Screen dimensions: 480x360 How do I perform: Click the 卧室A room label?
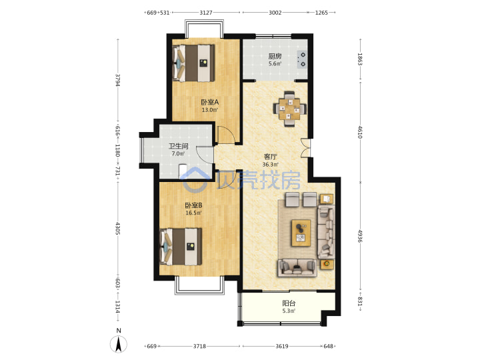[209, 102]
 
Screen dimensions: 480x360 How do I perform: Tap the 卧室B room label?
[193, 205]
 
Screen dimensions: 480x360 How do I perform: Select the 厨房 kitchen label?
[275, 56]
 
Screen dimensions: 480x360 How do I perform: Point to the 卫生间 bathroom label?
[178, 146]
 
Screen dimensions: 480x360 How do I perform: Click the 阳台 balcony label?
[289, 303]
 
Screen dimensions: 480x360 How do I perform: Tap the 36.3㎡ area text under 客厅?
[270, 165]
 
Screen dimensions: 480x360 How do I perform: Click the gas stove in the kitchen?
[302, 59]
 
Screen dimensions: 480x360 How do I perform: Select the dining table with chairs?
[289, 109]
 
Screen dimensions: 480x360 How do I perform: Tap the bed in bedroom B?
[181, 247]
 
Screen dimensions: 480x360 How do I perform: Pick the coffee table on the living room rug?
[301, 233]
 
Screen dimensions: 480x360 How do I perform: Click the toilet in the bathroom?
[183, 171]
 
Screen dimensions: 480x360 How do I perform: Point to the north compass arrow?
[119, 344]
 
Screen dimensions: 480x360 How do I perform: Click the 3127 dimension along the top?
[206, 13]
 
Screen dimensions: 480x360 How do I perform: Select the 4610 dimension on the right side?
[360, 132]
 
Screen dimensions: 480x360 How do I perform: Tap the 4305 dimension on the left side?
[118, 229]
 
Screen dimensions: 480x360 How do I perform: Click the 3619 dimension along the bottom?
[281, 346]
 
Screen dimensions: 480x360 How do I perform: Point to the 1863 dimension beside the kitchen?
[360, 59]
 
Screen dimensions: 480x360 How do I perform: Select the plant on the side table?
[327, 263]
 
